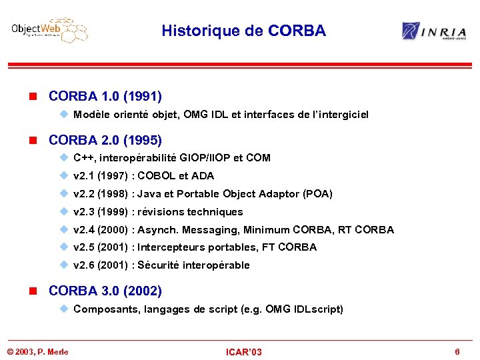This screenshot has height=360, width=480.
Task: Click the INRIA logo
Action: [433, 31]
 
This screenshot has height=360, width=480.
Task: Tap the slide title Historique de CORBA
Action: [243, 31]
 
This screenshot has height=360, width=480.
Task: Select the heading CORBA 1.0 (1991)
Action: [105, 96]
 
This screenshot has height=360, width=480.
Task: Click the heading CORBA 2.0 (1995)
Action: [105, 140]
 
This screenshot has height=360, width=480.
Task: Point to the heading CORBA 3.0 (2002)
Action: [105, 291]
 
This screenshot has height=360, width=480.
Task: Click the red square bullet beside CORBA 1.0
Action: [39, 97]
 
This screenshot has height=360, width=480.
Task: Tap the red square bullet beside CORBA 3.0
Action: [39, 291]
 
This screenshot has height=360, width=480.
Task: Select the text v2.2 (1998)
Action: [101, 194]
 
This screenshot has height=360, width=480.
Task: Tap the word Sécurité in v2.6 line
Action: [158, 265]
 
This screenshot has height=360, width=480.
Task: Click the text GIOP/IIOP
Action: [198, 158]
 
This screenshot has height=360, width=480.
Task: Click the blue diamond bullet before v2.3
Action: [64, 211]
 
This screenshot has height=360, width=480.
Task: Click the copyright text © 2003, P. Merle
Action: [37, 352]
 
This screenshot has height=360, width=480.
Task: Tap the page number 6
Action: [457, 351]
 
